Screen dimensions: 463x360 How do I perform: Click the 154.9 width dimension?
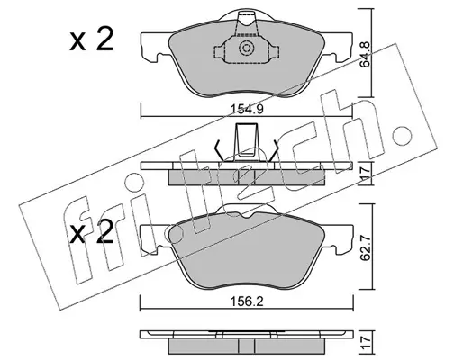248,109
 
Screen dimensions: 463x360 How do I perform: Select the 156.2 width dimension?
247,301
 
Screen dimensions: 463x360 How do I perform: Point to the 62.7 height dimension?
367,247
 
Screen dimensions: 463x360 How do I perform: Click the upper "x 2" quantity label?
92,39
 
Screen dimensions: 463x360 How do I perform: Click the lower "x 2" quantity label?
92,232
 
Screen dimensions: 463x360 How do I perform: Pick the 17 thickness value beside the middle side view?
367,174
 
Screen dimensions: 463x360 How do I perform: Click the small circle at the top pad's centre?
246,49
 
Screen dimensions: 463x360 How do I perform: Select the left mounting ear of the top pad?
155,47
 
